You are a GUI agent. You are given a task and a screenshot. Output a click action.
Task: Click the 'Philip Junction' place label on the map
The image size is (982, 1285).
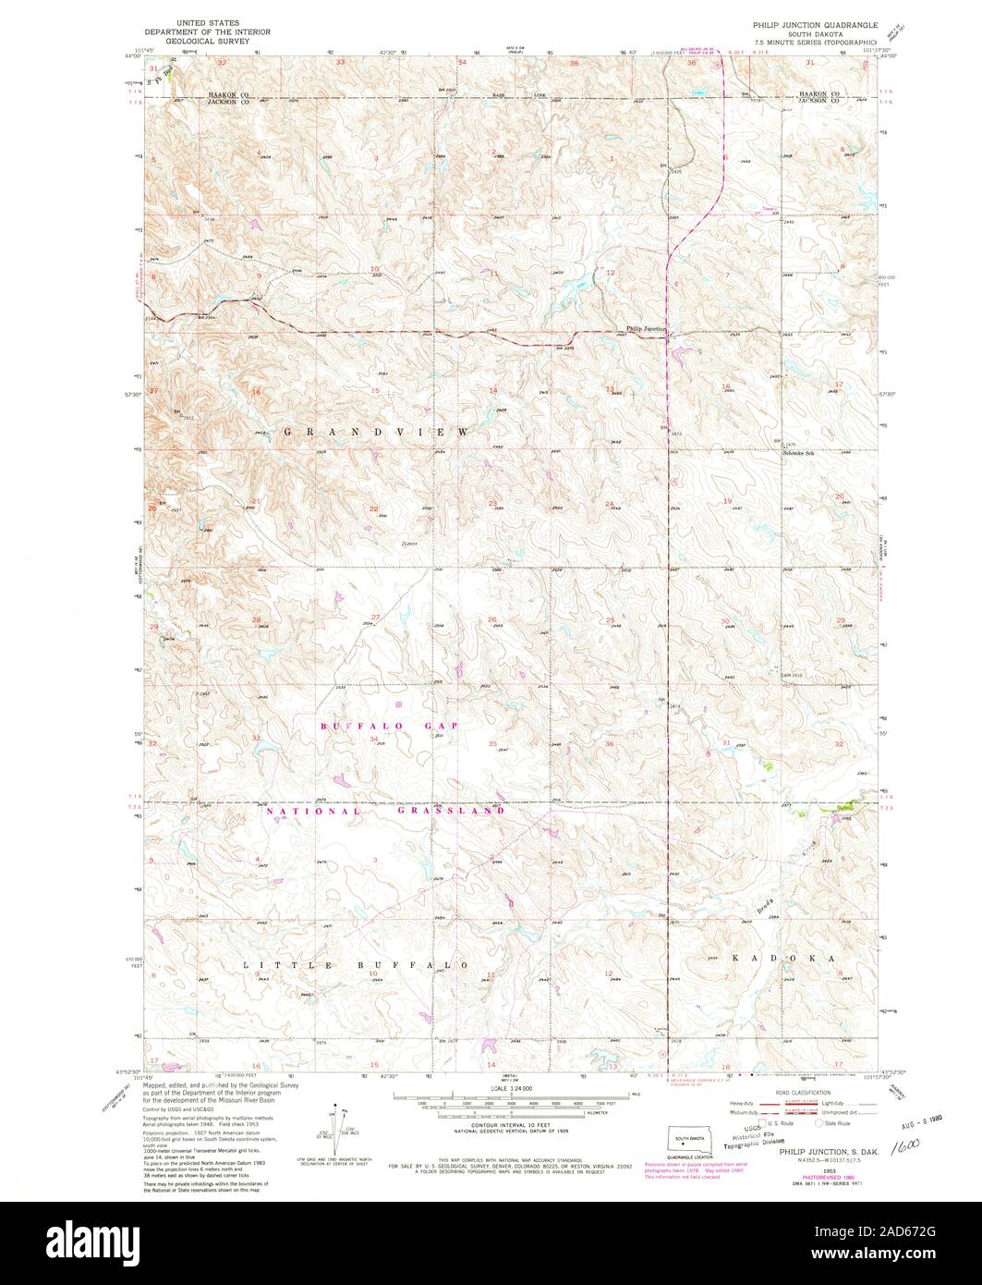[648, 328]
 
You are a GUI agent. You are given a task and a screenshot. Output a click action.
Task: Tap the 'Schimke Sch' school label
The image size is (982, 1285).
[798, 452]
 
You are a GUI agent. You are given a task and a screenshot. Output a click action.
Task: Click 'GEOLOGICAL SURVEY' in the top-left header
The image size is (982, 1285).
[201, 42]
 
